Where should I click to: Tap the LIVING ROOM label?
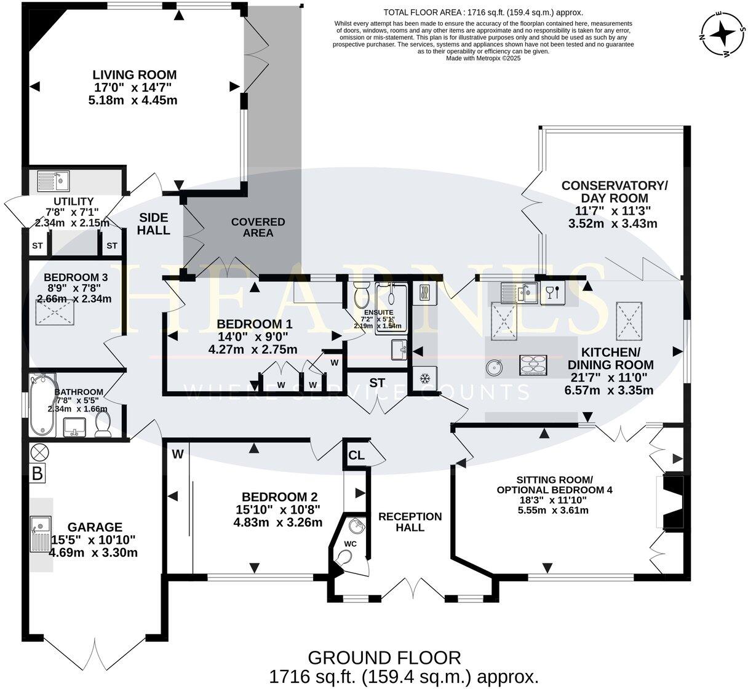[x=134, y=75]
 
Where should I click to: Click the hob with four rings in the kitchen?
[x=533, y=365]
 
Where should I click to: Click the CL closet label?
[x=356, y=455]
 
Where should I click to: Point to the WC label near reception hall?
[x=350, y=544]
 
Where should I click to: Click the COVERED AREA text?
[x=258, y=227]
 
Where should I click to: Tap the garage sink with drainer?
[x=41, y=535]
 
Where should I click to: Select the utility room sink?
[x=54, y=181]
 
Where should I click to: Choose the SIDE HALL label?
[x=153, y=223]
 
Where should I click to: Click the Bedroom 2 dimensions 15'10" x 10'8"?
[x=277, y=509]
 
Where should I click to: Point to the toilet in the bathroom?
[x=103, y=424]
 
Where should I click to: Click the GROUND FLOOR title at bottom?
[x=384, y=658]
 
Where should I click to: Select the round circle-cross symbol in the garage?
[x=39, y=452]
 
